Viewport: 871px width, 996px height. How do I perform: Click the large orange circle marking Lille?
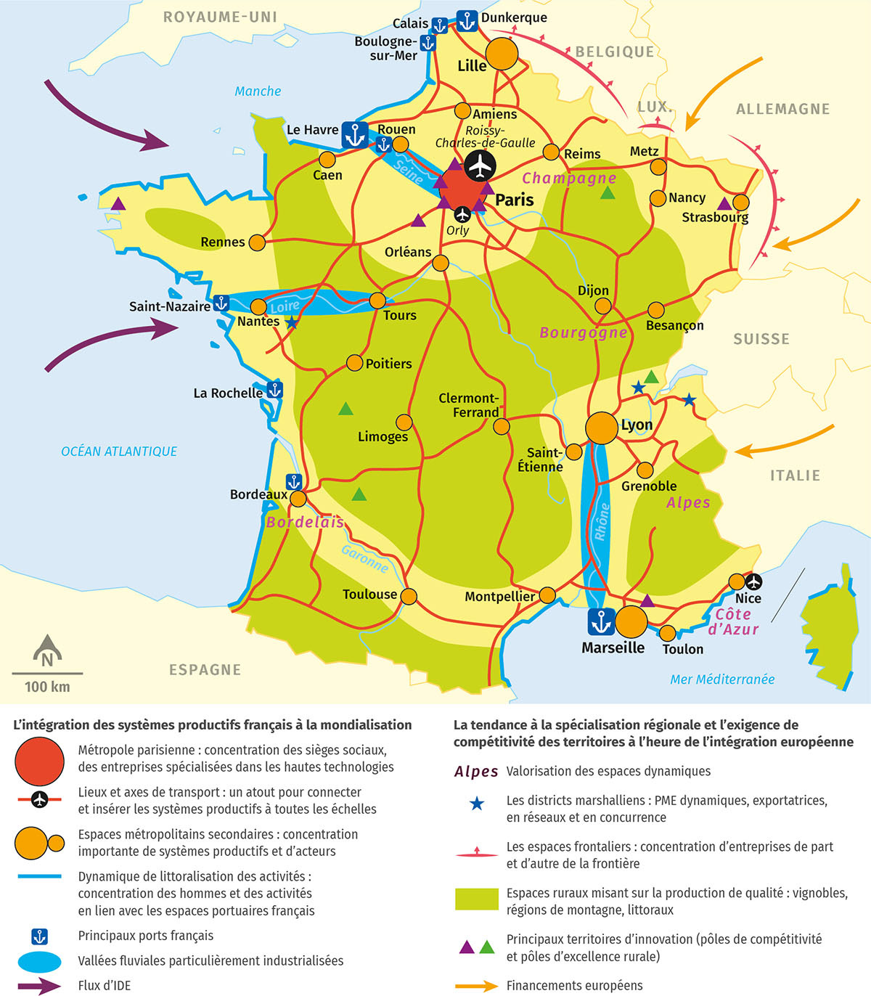pos(502,54)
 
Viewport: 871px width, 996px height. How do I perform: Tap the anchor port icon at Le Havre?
pos(355,135)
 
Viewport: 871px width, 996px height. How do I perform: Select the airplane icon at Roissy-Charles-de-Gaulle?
pos(479,166)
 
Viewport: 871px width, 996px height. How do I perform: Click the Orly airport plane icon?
pos(462,215)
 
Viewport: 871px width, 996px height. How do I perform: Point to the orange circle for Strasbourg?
pos(741,203)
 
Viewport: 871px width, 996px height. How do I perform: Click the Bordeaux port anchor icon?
pos(294,481)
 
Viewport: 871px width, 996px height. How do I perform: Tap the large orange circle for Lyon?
pos(602,428)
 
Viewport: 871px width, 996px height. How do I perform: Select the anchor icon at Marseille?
pos(601,622)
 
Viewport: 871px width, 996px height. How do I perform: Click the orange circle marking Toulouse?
pos(409,597)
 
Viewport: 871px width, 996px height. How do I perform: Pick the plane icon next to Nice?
pos(754,581)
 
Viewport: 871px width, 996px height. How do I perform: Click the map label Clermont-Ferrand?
pos(469,405)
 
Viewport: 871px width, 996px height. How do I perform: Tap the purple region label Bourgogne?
pos(584,332)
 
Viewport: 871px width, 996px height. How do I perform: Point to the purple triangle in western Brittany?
pos(118,204)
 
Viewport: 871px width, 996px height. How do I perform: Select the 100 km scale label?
pos(47,687)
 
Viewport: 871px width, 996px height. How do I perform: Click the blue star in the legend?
pos(477,804)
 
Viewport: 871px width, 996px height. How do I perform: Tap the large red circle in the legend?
pos(40,762)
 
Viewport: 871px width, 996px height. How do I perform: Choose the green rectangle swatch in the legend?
pos(477,899)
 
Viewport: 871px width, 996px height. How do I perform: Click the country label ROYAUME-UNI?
pos(220,17)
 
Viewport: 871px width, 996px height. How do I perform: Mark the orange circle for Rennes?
pos(257,242)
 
